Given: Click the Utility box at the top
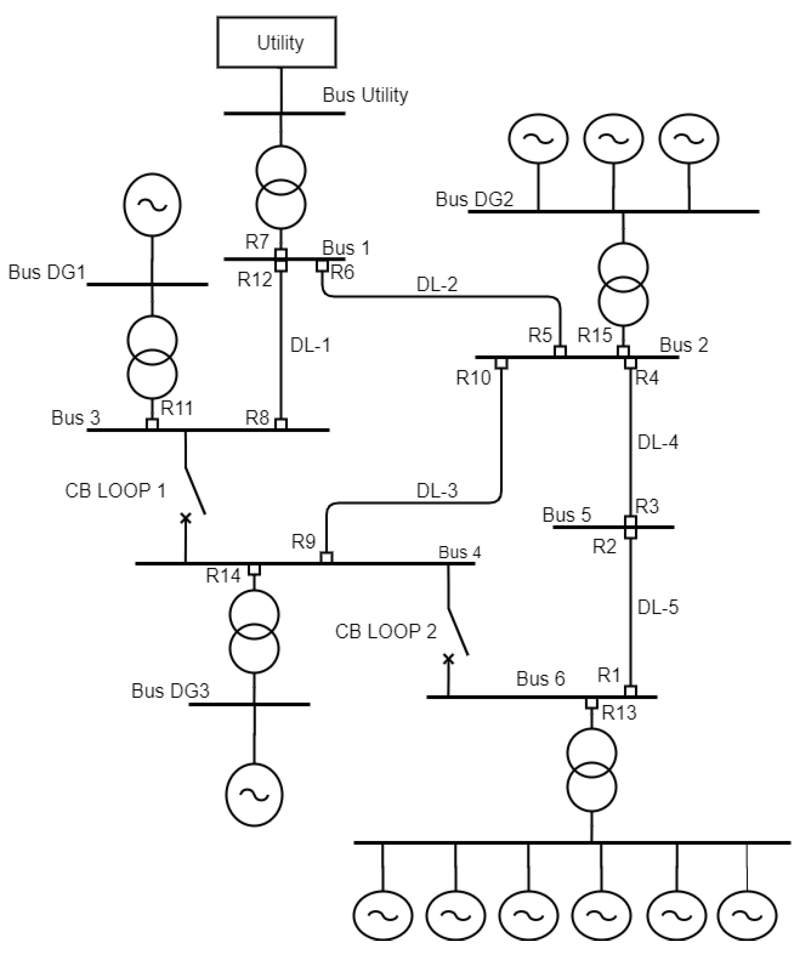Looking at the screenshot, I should click(x=277, y=42).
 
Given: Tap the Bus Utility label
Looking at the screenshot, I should click(x=365, y=95).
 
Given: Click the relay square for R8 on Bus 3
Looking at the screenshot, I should click(x=281, y=424).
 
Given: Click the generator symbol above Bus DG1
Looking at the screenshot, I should click(x=152, y=205).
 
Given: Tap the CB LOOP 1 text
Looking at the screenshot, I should click(x=115, y=491).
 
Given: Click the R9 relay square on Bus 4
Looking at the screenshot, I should click(x=326, y=557).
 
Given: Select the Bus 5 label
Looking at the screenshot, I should click(x=566, y=515).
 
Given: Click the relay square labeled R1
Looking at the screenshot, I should click(x=630, y=691).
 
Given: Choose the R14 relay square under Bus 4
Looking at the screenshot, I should click(x=254, y=569).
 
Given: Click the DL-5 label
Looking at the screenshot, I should click(x=657, y=607).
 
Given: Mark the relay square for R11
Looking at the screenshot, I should click(x=152, y=424).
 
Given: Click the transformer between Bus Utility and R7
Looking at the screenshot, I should click(x=281, y=187).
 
